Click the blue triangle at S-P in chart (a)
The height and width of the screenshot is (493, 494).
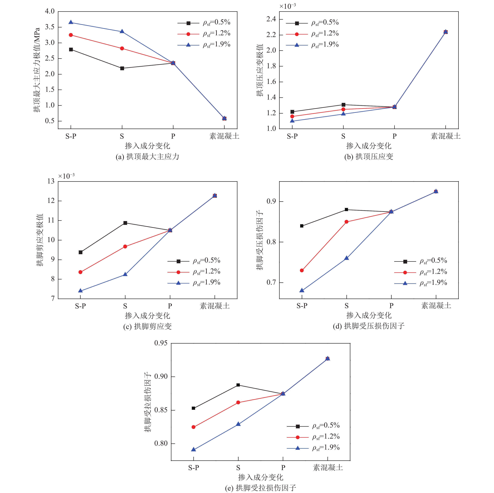point(71,23)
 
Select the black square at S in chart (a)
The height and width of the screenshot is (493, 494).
point(122,68)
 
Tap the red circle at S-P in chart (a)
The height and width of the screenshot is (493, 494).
point(71,35)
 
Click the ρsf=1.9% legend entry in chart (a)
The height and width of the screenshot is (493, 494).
point(204,45)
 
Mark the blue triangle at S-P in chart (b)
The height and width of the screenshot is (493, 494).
point(292,121)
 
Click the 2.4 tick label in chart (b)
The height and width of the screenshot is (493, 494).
point(271,19)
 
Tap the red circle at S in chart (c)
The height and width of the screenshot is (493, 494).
point(125,246)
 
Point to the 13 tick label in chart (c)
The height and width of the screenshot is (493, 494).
point(51,181)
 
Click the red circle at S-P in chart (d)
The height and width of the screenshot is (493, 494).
point(302,270)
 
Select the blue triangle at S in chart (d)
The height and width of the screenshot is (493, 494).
point(346,258)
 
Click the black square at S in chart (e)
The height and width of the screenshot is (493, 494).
point(238,385)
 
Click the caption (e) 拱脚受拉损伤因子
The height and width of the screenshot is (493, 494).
point(260,488)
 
